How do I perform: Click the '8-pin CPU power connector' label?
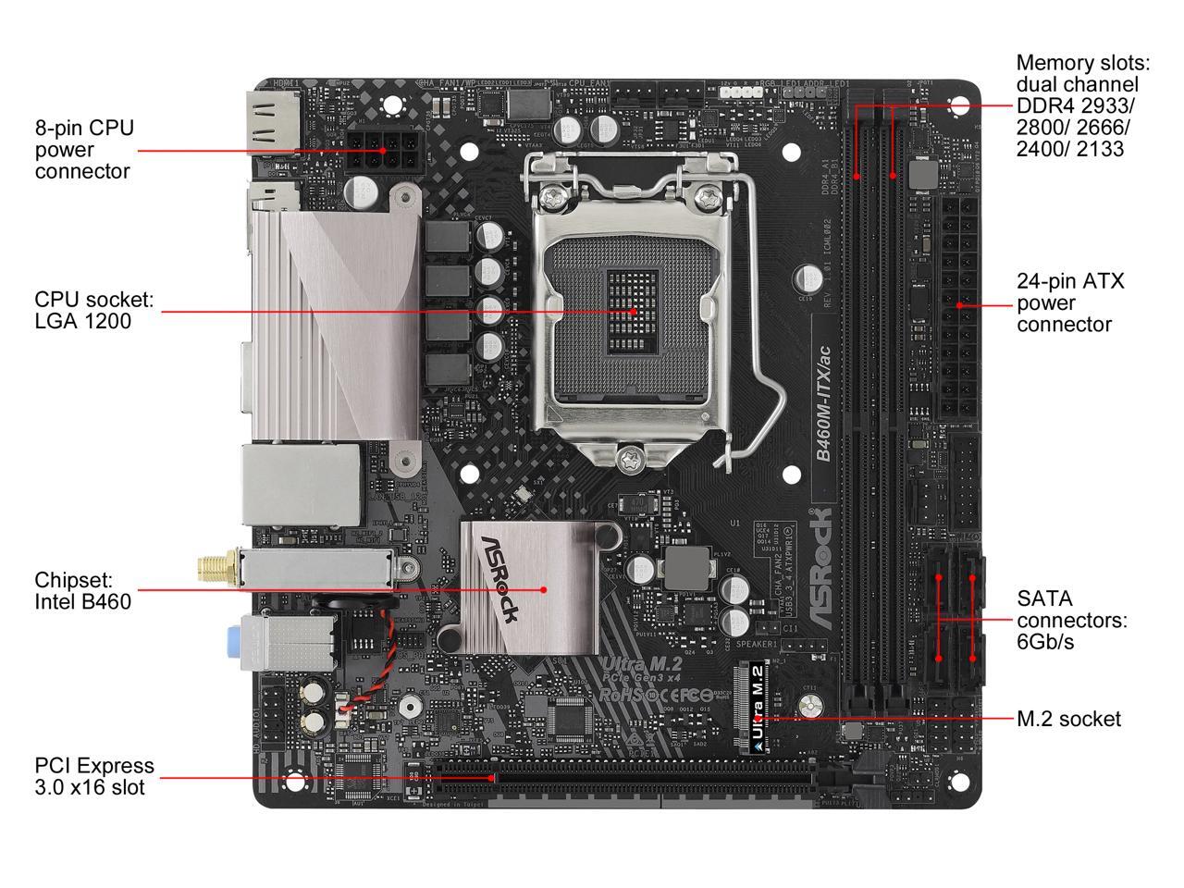click(x=84, y=149)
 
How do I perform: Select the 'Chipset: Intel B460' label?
click(x=82, y=590)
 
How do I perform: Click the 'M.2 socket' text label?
click(x=1067, y=719)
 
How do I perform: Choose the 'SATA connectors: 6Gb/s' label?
click(x=1072, y=620)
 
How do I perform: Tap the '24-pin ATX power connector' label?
click(x=1070, y=302)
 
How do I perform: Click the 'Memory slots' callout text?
click(x=1082, y=105)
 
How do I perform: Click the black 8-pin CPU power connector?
click(x=381, y=149)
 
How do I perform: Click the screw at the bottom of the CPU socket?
click(x=632, y=457)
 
